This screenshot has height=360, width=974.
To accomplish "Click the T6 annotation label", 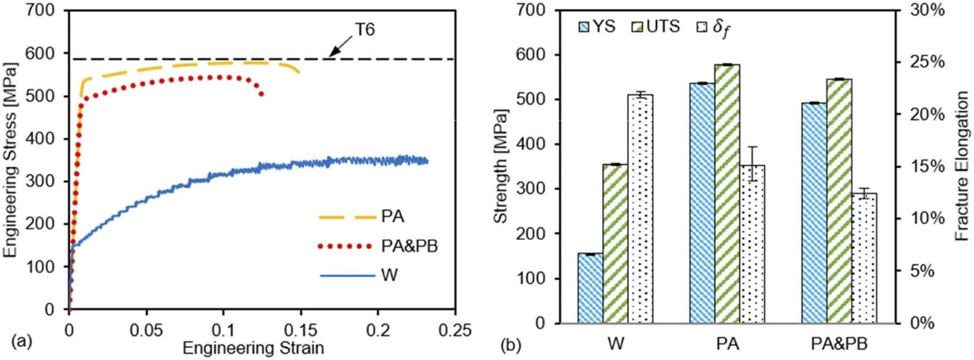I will pos(365,29).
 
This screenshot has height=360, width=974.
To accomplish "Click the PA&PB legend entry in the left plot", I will pos(409,246).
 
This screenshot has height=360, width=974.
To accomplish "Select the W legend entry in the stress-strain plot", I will pos(389,275).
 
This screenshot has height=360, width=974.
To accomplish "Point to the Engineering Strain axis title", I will pos(253,348).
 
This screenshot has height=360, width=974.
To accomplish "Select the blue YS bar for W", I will pos(590,288).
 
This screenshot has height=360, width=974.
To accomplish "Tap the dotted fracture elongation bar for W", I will pos(640,209).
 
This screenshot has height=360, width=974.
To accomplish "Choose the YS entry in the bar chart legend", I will pos(597,27).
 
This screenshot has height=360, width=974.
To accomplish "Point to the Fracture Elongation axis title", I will pos(962,166).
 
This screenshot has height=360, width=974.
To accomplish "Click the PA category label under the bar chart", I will pos(727,344).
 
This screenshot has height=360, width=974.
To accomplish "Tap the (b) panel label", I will pos(510,345).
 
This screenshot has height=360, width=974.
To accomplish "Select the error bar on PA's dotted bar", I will pos(752,164).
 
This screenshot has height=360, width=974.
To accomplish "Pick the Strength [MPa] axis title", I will pos(500,166).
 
